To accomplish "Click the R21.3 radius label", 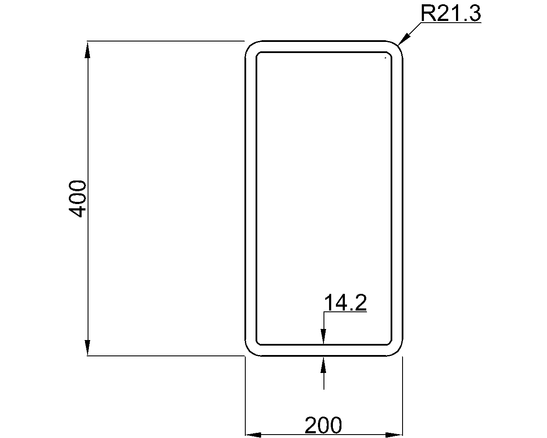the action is click(451, 14).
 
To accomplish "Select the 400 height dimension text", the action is click(77, 198).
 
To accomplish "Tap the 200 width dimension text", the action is click(323, 425).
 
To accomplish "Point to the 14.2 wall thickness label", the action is click(345, 302).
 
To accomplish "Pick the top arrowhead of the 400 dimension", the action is click(88, 50).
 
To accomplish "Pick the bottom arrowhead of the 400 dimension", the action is click(88, 346).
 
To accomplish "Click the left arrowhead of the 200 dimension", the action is click(253, 435).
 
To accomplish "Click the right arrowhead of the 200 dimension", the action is click(394, 435).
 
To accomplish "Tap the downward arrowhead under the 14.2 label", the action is click(323, 337).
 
